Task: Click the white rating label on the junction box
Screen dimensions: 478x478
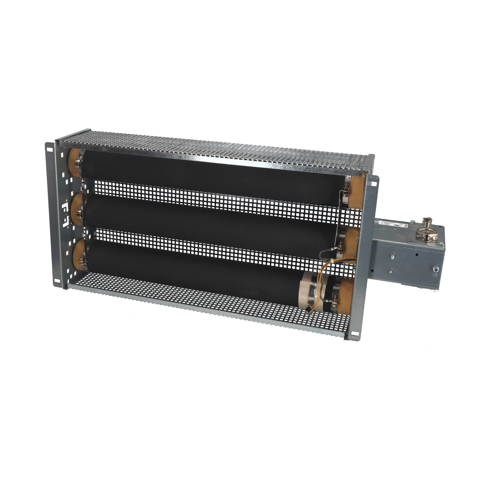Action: click(391, 224)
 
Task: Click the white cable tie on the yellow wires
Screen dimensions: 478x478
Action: click(333, 262)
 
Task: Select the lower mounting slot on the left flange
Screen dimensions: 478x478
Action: click(56, 281)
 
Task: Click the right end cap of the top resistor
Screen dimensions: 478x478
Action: click(355, 191)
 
